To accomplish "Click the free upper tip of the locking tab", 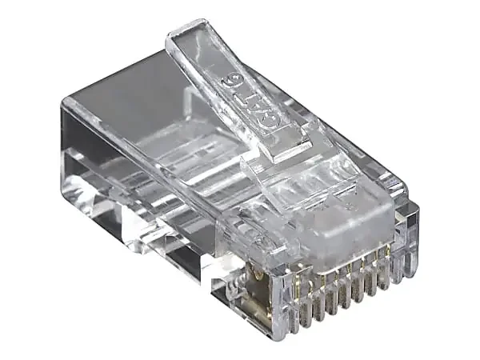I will tap(186, 30).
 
